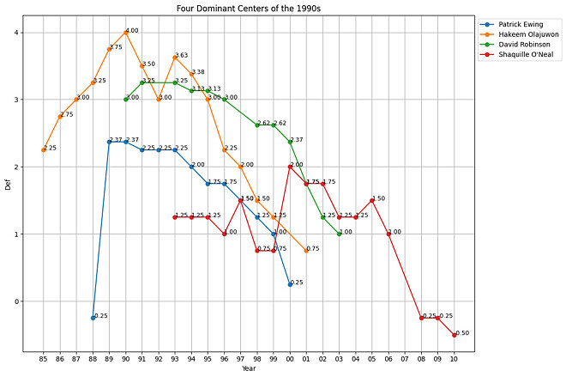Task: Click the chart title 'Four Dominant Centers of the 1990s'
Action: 249,8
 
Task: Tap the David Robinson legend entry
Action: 517,44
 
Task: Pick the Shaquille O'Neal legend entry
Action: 520,54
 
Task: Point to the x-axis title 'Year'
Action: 249,368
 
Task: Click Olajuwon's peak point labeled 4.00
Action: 125,33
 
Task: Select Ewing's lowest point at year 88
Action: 93,318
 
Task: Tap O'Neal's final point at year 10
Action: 454,335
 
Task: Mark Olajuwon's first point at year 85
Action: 44,149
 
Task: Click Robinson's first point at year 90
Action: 125,100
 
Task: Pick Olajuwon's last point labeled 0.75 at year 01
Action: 306,251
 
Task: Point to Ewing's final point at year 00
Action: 290,284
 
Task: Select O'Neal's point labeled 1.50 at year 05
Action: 372,200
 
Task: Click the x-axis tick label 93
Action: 175,358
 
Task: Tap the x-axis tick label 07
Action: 405,358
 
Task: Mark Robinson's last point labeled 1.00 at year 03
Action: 339,234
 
